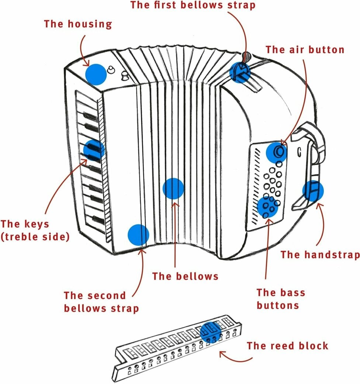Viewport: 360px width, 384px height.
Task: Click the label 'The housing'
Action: (78, 24)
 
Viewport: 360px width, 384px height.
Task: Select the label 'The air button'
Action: (305, 50)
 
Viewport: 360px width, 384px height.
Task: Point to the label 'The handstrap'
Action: (320, 254)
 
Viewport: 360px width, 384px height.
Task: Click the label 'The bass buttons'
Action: (281, 299)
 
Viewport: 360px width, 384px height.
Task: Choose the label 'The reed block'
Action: (287, 346)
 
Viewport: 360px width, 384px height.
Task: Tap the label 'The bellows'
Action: (185, 276)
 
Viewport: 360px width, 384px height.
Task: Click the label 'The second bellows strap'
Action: (101, 302)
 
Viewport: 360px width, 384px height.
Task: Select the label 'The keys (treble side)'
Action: (35, 230)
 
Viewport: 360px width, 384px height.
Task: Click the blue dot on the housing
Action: (96, 74)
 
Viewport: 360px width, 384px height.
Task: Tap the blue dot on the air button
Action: (277, 152)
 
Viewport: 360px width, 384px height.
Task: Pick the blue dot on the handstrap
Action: (313, 191)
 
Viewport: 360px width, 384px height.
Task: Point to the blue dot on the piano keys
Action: (94, 150)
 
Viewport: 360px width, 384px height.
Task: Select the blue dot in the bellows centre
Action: (173, 188)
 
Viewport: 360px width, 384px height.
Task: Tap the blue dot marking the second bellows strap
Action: (138, 235)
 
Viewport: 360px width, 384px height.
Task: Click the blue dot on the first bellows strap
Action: (240, 71)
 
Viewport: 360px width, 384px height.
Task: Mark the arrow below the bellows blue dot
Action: (174, 233)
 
